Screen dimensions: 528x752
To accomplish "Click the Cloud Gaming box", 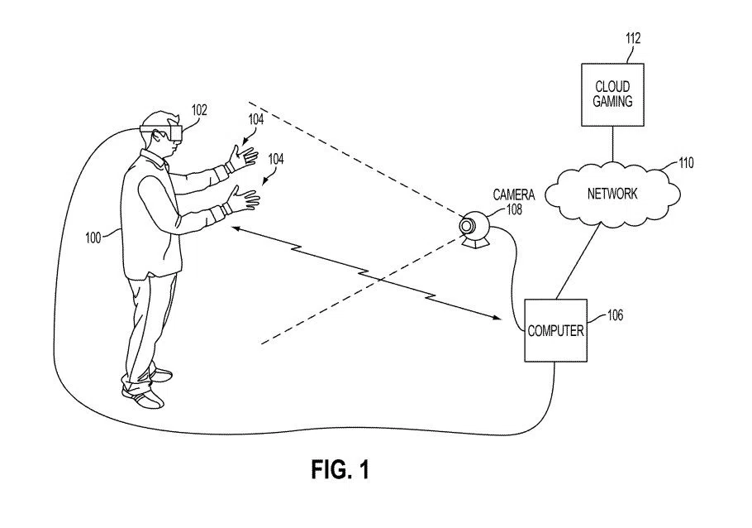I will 612,94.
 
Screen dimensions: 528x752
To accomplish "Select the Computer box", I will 555,330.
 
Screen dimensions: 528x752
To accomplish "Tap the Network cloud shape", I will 612,193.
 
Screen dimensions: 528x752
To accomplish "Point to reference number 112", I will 633,38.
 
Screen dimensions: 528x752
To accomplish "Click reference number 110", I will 686,163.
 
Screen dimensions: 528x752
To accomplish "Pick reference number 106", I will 615,314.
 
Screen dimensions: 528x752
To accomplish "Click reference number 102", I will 199,109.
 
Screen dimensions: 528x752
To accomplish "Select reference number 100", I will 93,238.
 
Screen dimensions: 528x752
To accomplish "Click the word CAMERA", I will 514,195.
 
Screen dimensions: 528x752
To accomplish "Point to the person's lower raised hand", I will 245,199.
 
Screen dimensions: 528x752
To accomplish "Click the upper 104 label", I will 256,119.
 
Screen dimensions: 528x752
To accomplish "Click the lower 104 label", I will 275,161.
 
